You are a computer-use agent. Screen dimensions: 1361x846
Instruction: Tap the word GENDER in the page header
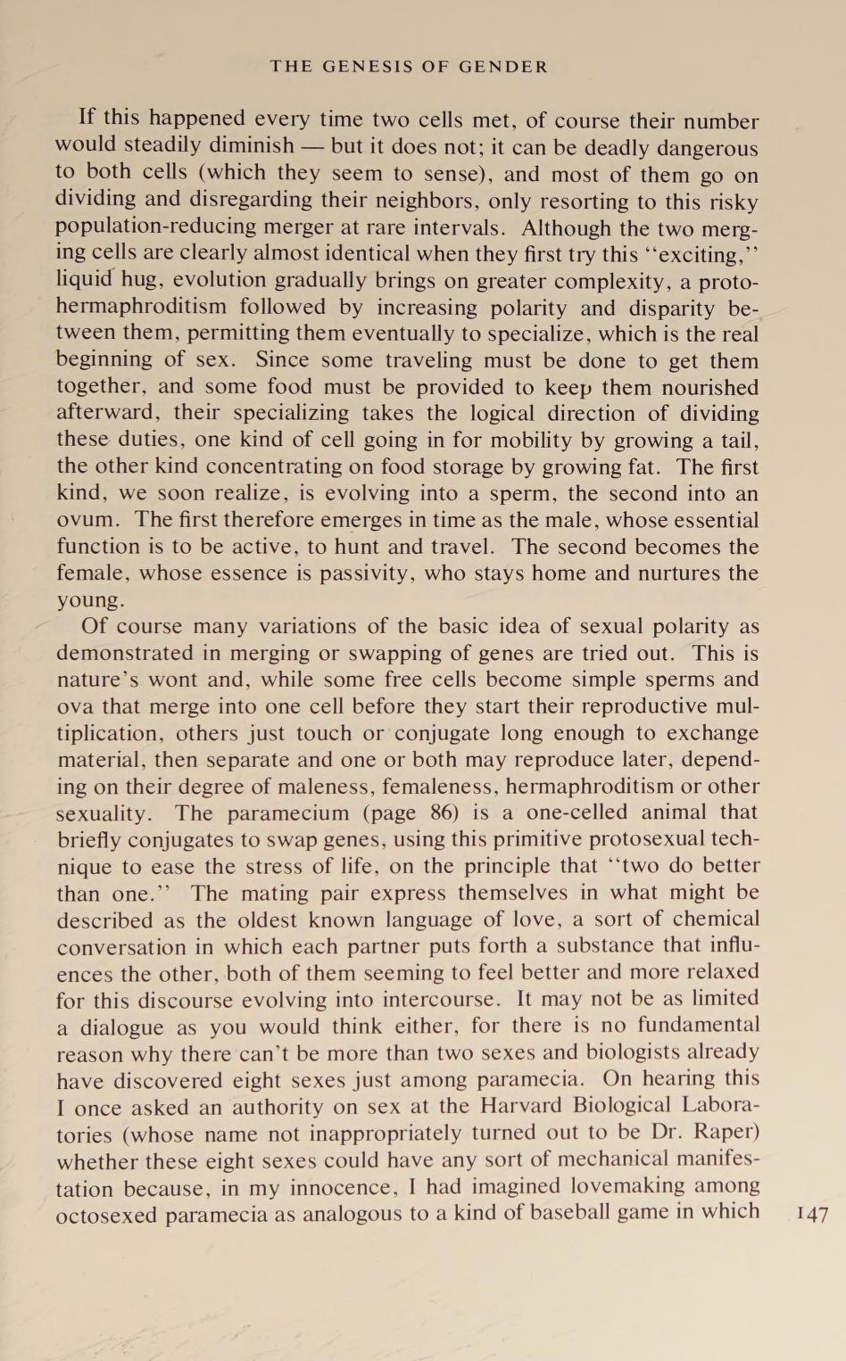(503, 67)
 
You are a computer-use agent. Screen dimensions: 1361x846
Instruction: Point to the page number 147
(812, 1214)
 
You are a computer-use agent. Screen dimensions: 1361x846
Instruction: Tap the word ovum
(84, 520)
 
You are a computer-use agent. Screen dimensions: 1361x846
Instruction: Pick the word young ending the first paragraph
(89, 600)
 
